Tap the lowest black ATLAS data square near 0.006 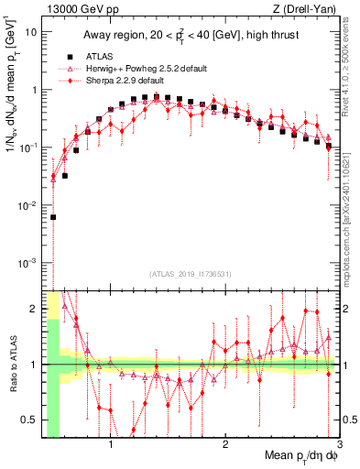[x=53, y=217]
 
